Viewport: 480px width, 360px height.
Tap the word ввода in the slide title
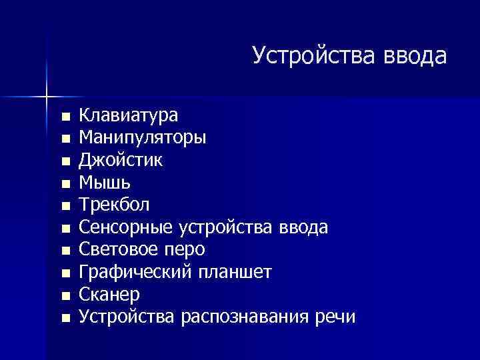[414, 56]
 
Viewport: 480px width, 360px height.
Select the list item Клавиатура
[128, 116]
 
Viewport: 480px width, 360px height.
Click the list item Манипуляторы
[143, 139]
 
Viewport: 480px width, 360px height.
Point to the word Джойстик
[120, 161]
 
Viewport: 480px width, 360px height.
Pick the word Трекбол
[115, 205]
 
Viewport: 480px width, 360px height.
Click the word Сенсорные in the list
[127, 227]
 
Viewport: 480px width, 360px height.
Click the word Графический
[133, 272]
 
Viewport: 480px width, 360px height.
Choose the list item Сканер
[110, 294]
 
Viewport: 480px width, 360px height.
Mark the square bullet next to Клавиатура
[65, 117]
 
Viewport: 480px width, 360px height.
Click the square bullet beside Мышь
[65, 184]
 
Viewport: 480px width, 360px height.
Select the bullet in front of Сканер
[65, 295]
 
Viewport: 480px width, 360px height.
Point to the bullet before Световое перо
[65, 251]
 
